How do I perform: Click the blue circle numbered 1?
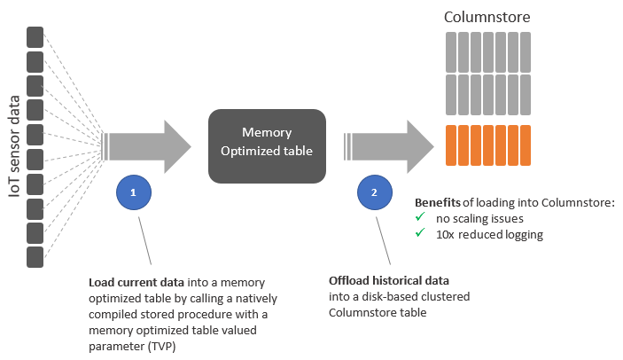pos(133,192)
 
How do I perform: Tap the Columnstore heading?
pos(487,17)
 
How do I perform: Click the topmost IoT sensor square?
pos(35,37)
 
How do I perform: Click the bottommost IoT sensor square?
pos(35,256)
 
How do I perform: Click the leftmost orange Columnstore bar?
pos(449,146)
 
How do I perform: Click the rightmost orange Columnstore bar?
pos(525,146)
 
